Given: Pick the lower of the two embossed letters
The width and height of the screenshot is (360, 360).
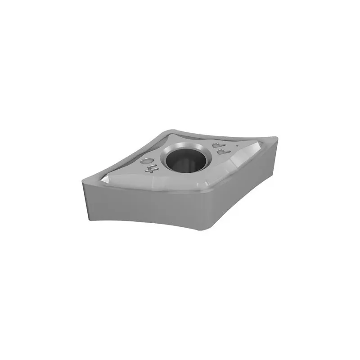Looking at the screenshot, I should point(222,153).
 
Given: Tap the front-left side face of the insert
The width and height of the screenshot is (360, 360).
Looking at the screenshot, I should point(139,205).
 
